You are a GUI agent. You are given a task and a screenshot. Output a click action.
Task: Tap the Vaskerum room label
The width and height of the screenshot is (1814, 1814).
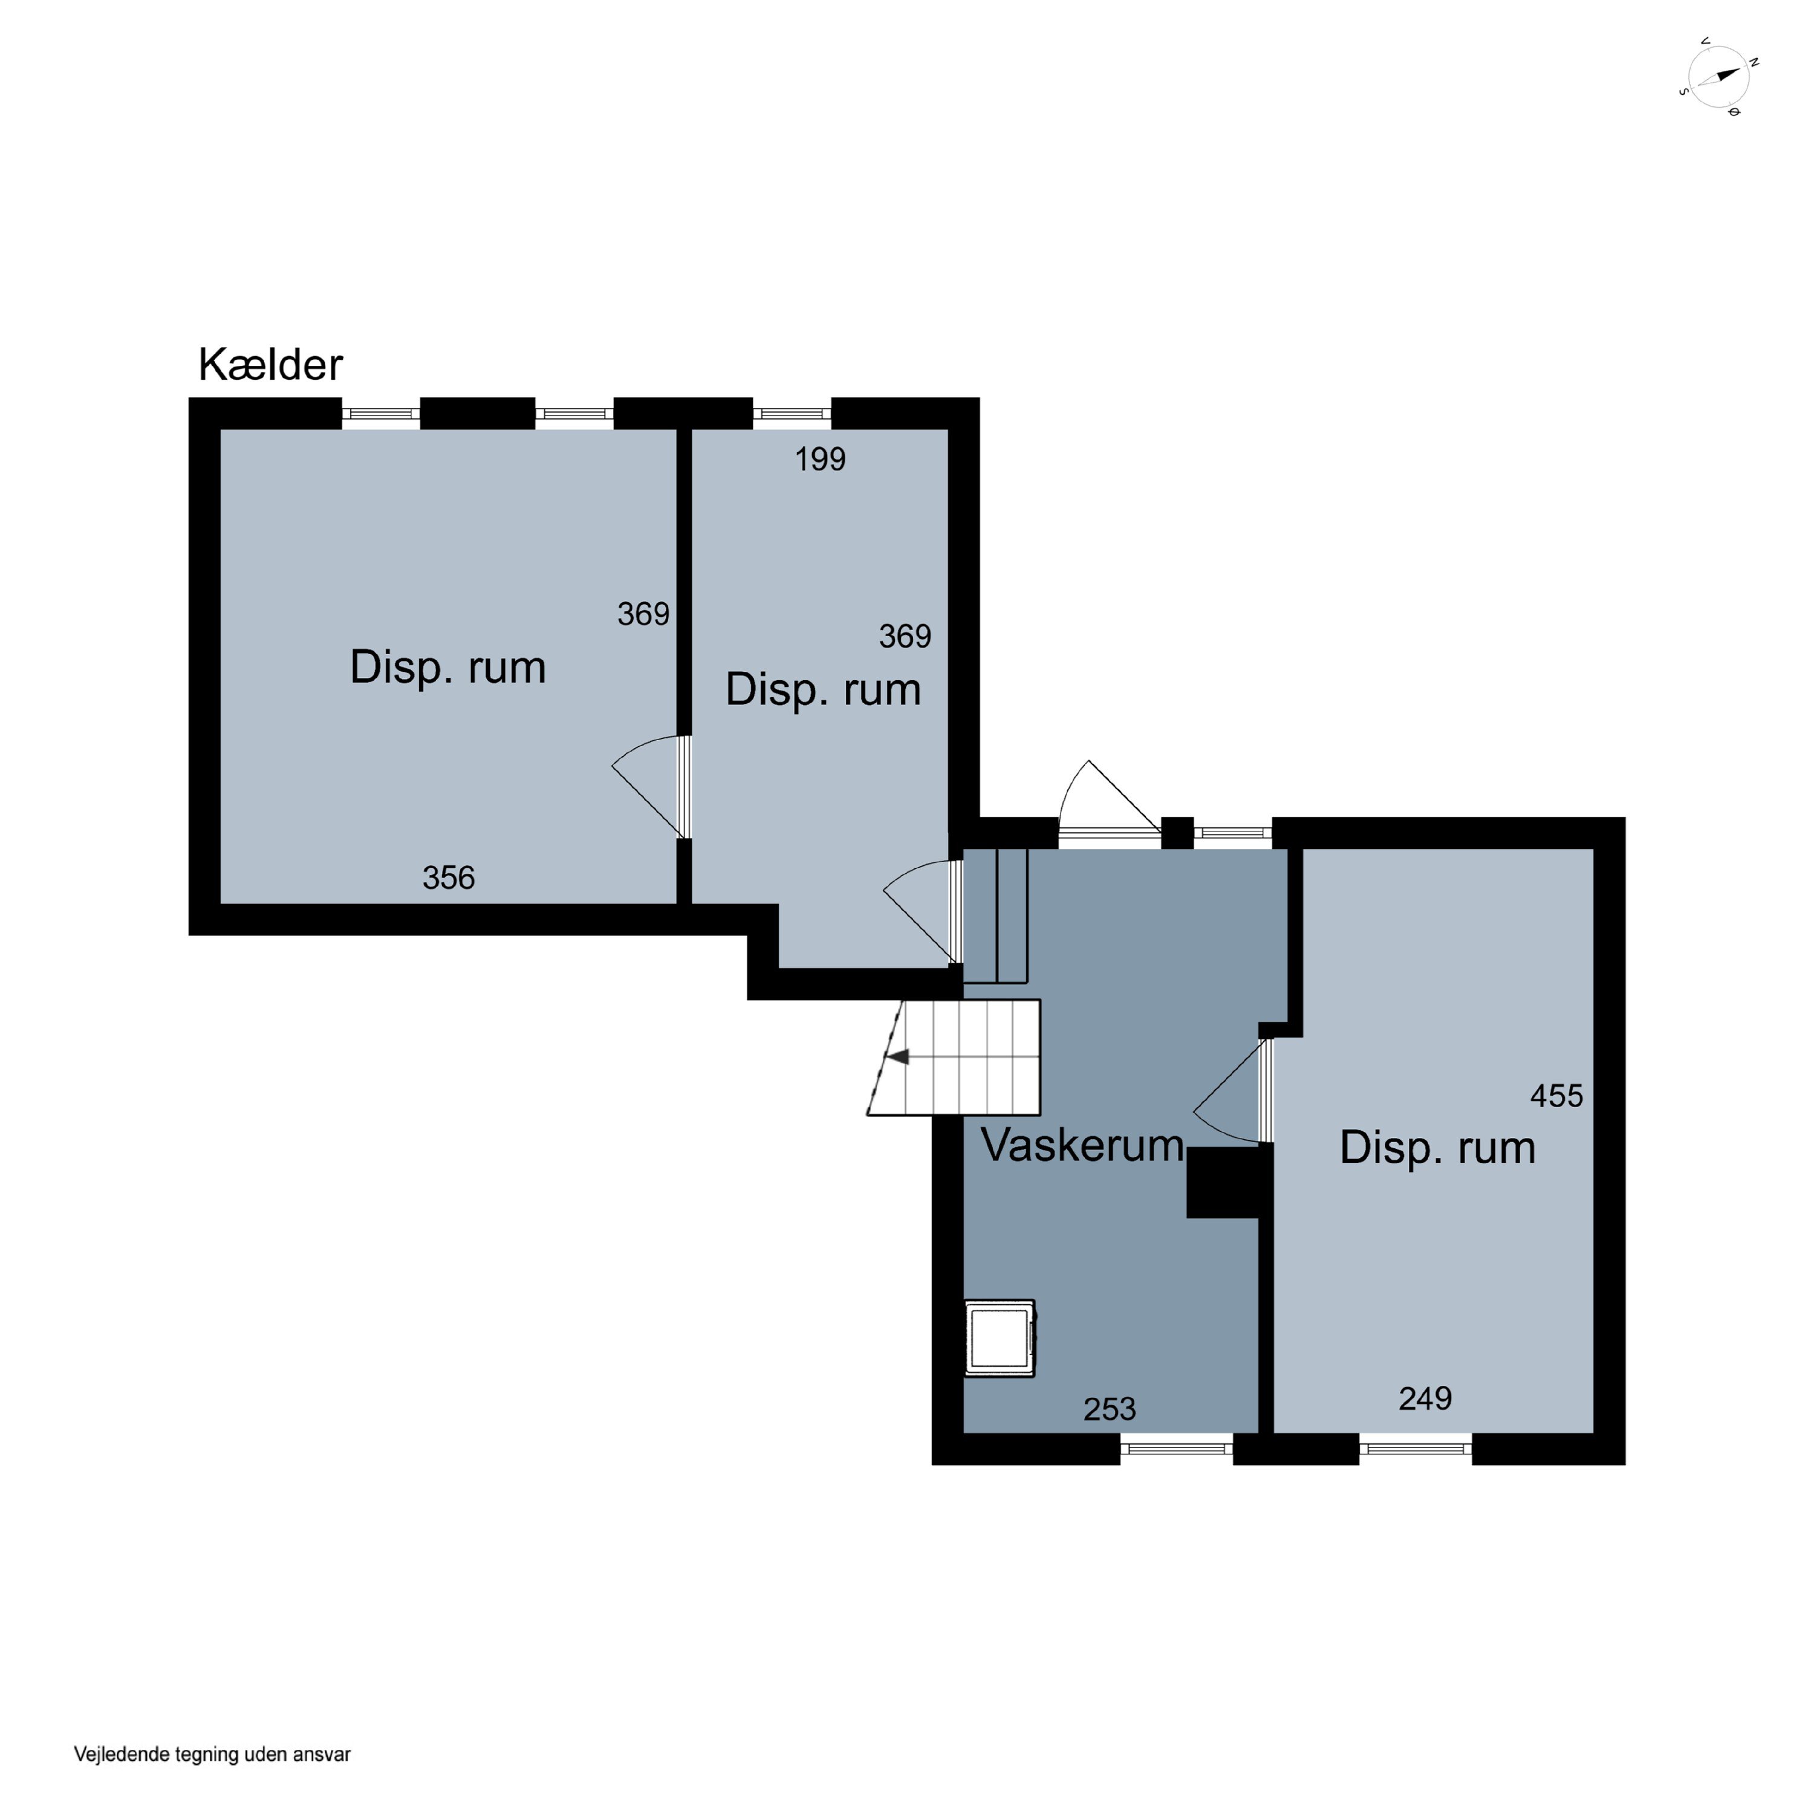tap(1082, 1145)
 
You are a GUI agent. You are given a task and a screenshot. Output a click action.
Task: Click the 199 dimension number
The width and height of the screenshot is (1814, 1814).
tap(820, 459)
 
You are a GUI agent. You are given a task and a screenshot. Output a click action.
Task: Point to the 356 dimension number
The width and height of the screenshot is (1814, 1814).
tap(448, 878)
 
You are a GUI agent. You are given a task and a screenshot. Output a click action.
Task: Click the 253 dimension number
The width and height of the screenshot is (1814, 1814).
tap(1109, 1408)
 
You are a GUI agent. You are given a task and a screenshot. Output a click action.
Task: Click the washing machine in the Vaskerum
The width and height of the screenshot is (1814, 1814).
tap(999, 1338)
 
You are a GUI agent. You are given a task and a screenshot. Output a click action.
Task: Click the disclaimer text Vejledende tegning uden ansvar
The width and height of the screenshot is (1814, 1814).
tap(212, 1754)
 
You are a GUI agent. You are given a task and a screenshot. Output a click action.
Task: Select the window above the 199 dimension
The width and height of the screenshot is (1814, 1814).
tap(792, 413)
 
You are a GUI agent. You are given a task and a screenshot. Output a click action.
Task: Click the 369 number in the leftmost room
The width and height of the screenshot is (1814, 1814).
tap(643, 614)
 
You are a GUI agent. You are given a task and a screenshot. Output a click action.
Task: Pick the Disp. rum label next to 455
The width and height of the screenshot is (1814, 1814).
tap(1437, 1148)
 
